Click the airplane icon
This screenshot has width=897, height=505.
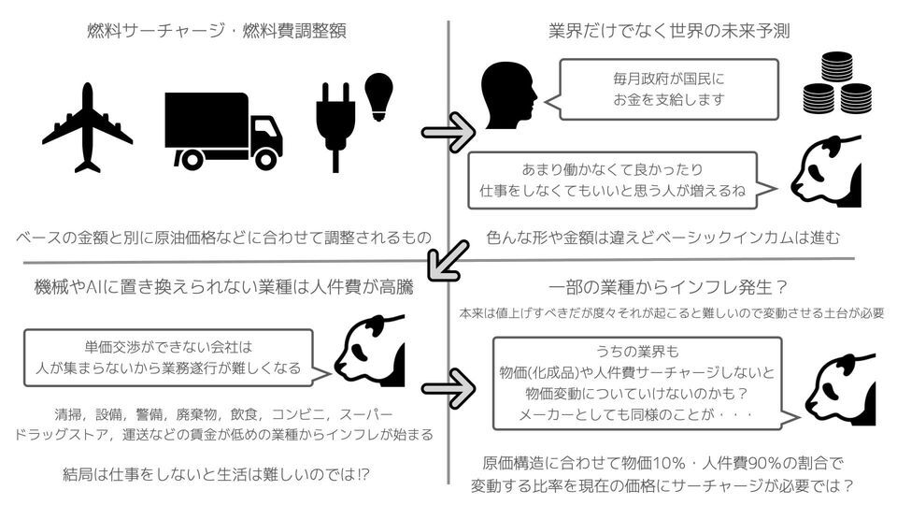pos(88,127)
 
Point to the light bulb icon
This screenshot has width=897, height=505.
pos(378,96)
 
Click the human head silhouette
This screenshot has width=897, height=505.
pos(508,96)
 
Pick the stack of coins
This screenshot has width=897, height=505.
pos(837,83)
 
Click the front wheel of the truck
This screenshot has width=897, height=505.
pos(265,159)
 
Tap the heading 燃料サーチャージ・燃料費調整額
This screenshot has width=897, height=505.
pos(216,30)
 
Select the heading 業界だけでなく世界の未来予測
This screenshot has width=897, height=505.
pos(669,30)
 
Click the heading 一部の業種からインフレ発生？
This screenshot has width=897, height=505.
pos(668,286)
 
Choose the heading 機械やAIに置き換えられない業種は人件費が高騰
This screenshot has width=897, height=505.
pos(223,286)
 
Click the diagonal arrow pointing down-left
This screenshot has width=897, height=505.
pos(448,261)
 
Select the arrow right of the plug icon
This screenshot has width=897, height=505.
pos(448,133)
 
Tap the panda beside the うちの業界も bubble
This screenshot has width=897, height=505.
pos(840,389)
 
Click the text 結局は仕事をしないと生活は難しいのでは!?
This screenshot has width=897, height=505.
pos(216,474)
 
